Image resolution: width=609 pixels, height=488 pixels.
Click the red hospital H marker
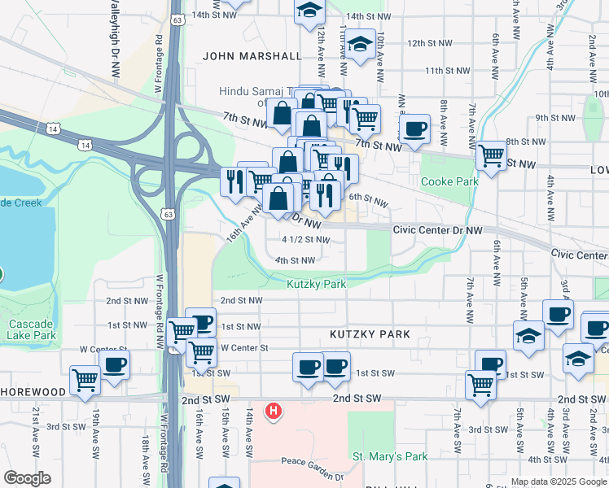point(274,412)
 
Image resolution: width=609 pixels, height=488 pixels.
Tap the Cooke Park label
point(449,181)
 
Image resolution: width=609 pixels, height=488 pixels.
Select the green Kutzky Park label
point(317,284)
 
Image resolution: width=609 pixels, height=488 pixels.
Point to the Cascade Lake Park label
point(32,329)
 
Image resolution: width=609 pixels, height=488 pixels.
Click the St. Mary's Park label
point(390,456)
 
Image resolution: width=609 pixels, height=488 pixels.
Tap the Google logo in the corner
point(27,478)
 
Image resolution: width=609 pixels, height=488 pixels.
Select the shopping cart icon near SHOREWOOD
point(85,379)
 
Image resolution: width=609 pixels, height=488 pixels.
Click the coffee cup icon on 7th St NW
point(414,128)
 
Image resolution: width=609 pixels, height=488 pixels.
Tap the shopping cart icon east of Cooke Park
point(491,154)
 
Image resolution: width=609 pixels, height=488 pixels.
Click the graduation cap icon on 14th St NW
point(309,11)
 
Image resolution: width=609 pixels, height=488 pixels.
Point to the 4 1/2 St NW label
point(305,240)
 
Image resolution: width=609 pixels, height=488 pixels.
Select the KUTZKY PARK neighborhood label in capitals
point(370,334)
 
